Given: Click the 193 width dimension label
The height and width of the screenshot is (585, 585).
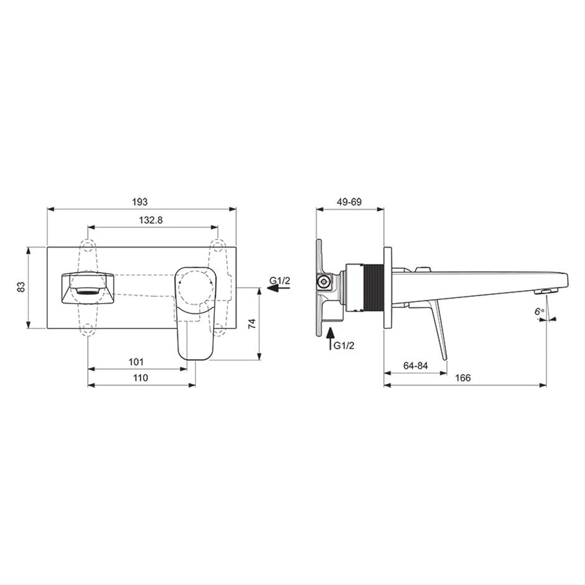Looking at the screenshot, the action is [140, 202].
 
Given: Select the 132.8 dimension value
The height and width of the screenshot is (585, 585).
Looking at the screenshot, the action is [151, 220].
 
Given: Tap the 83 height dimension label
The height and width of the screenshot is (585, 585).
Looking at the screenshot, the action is [22, 286].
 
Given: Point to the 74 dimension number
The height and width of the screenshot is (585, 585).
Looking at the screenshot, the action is [253, 323].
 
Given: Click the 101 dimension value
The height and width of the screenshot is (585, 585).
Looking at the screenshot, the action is [136, 362].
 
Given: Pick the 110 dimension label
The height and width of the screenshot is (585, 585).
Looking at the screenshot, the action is [140, 378].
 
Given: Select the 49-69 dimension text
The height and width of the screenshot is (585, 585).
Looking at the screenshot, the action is [349, 202].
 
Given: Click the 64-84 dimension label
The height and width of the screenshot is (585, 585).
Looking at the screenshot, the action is [415, 366].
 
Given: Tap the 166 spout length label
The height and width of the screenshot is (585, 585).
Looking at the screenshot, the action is [463, 378].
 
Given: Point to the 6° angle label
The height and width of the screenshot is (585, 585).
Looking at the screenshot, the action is [539, 311].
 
